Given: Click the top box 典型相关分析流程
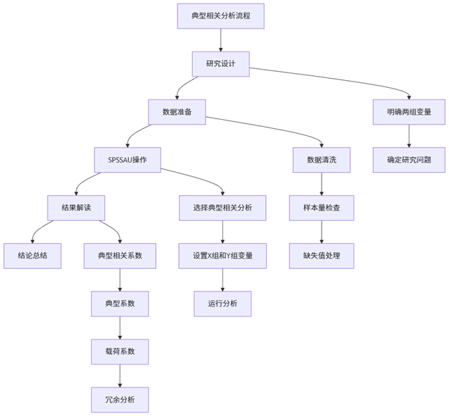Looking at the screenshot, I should (221, 16).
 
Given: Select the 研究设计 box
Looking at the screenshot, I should (221, 64).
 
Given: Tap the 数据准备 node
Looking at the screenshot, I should (177, 111).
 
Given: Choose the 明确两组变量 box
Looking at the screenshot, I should (409, 111).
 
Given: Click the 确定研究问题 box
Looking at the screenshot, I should (409, 160).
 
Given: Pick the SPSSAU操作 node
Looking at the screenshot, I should (128, 160).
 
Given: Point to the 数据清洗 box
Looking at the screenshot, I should (322, 160).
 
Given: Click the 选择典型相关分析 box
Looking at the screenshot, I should (222, 208).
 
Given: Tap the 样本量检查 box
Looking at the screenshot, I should (322, 208).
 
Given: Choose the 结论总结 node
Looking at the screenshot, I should (32, 256).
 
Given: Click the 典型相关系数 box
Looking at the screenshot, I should (120, 256).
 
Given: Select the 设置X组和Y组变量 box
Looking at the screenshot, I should (222, 256).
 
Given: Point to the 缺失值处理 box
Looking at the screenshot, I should (322, 256).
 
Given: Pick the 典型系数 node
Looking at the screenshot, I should (120, 304).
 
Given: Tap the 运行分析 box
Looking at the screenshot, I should (222, 304).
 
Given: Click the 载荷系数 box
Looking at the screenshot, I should (120, 352).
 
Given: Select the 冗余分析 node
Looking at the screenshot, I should (120, 400).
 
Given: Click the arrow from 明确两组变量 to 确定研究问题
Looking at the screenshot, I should (409, 136).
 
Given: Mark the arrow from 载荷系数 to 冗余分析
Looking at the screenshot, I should (120, 376).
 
